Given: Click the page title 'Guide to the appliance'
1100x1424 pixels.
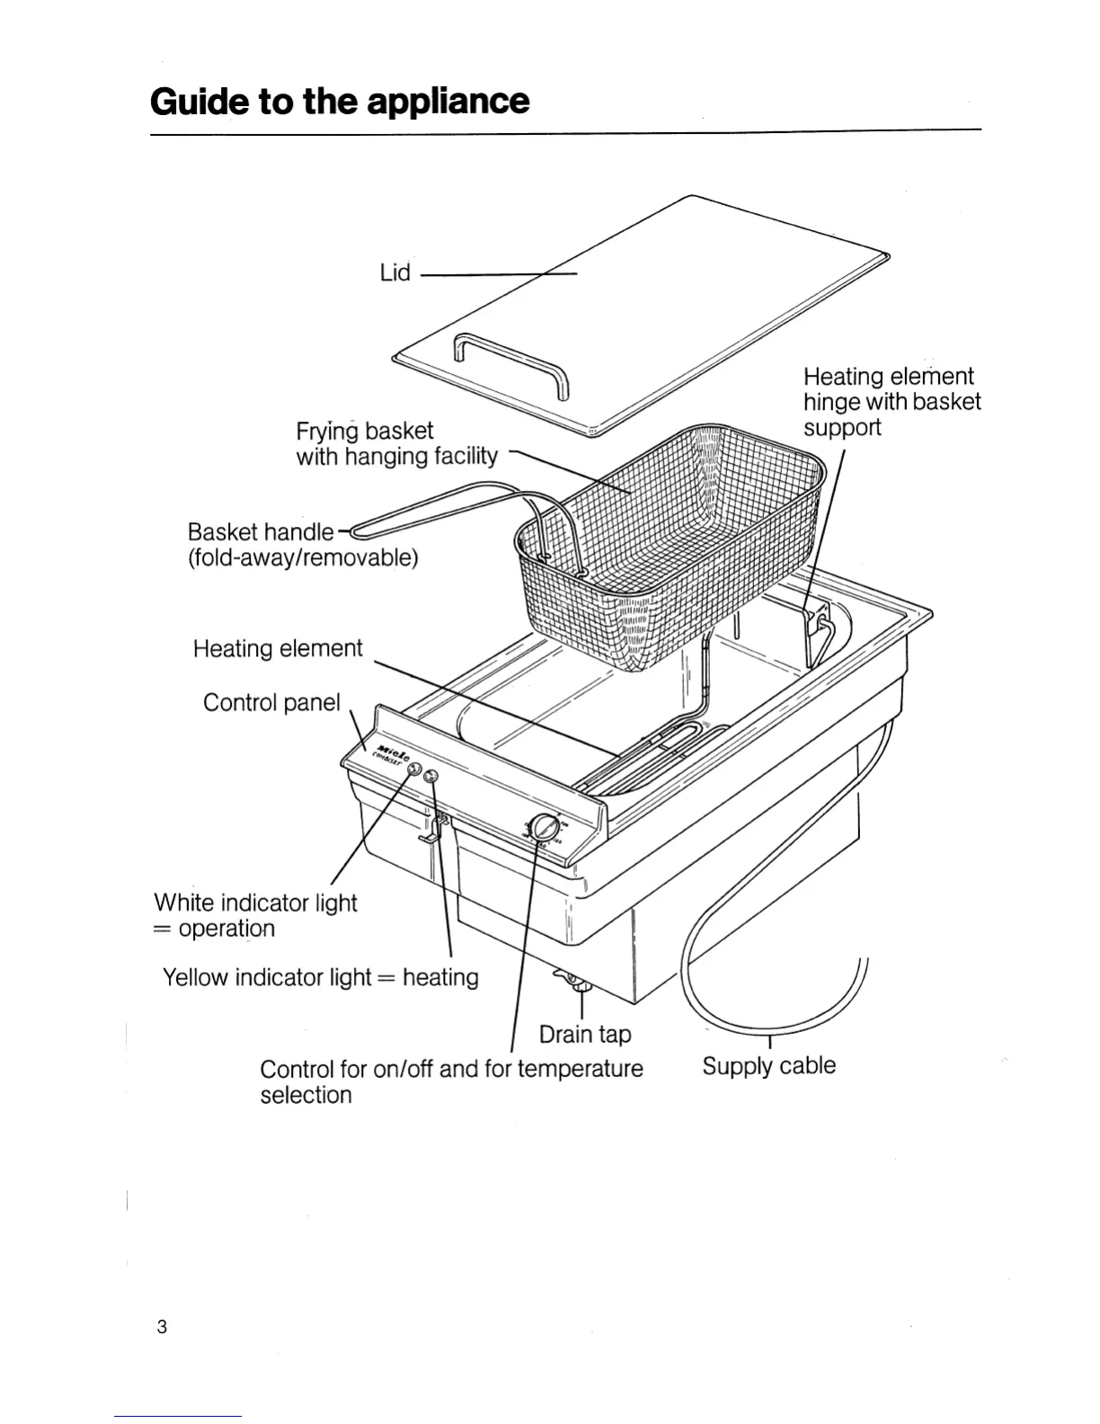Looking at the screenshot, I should pyautogui.click(x=340, y=102).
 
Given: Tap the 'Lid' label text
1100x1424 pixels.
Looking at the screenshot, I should pyautogui.click(x=395, y=272).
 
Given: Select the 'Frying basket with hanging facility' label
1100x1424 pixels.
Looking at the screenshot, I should pyautogui.click(x=396, y=444).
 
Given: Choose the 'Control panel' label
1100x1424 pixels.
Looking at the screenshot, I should pyautogui.click(x=271, y=702).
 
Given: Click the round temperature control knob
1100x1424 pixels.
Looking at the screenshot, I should pyautogui.click(x=542, y=829).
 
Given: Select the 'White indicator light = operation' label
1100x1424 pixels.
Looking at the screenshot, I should pyautogui.click(x=255, y=915).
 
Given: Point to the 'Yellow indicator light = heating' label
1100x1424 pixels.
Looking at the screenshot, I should pyautogui.click(x=320, y=977).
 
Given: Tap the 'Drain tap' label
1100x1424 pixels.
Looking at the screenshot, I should pyautogui.click(x=585, y=1034).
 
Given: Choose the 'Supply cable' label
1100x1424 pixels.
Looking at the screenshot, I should pyautogui.click(x=768, y=1066).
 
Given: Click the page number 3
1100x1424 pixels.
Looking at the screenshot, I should pyautogui.click(x=162, y=1327).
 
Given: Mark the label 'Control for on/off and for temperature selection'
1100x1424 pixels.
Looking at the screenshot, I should pyautogui.click(x=451, y=1081).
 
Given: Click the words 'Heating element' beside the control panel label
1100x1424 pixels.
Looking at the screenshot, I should pyautogui.click(x=278, y=649).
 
